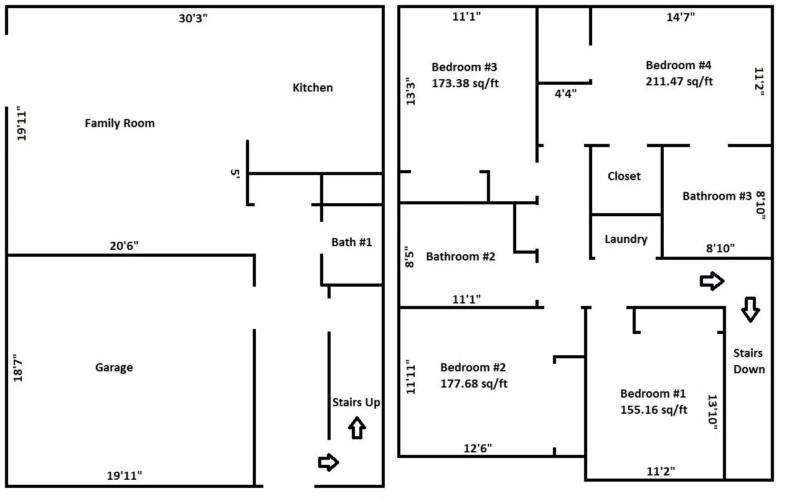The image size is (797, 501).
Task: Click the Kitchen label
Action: pos(313,88)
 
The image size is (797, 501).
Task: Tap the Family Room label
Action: pos(120,123)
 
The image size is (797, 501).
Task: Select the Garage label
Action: pos(114,368)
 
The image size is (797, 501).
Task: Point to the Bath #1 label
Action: pos(352,242)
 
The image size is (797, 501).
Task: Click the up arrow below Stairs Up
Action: pos(357,428)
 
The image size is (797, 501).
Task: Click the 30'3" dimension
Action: pos(193,18)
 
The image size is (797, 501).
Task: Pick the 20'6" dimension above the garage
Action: pos(124,246)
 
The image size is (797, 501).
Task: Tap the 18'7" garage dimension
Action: pos(18,368)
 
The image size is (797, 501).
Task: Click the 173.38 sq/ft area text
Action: pos(465,83)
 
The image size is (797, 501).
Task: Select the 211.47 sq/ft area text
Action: pos(679,81)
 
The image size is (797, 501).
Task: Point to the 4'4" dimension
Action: pos(566,93)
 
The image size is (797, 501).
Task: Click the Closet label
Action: pos(624,176)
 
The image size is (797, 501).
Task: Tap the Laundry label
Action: pos(626,239)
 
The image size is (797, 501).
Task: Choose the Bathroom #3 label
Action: pos(717,196)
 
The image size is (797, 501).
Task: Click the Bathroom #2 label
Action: pos(460,256)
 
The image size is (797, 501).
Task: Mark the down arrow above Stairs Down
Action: pos(750,310)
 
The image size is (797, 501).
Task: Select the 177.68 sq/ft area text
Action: pos(474,383)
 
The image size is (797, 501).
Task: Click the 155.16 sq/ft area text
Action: pos(654,409)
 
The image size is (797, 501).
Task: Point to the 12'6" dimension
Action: pos(478,448)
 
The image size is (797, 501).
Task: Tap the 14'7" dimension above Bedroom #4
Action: pos(681,17)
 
